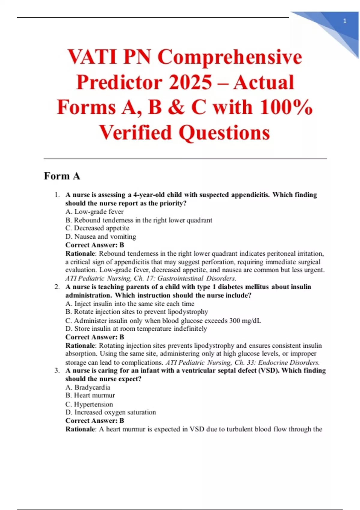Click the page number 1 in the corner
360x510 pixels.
tap(345, 21)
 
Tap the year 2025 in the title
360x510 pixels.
tap(190, 82)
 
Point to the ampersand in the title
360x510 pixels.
tap(176, 107)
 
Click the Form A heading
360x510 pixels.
tap(62, 176)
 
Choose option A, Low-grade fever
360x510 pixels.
tap(94, 212)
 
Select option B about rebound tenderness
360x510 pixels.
tap(139, 220)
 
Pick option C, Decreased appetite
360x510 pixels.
tap(97, 228)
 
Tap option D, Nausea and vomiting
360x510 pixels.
tap(100, 237)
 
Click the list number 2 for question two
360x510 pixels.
tap(57, 287)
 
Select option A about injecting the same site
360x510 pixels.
tap(130, 304)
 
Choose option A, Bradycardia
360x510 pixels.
tap(88, 387)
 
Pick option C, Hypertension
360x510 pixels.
tap(89, 404)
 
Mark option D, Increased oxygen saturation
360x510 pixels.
tap(111, 412)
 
